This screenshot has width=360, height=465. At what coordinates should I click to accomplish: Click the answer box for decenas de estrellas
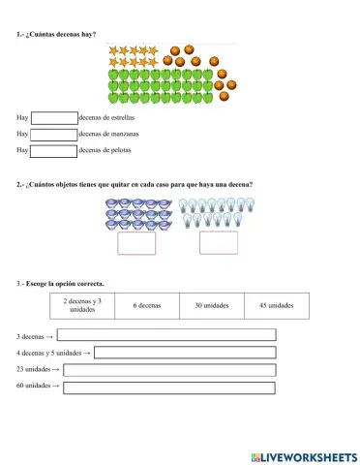coord(53,118)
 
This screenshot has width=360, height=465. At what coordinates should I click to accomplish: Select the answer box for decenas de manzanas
coord(53,135)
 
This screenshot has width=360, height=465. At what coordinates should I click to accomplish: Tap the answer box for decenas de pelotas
coord(53,150)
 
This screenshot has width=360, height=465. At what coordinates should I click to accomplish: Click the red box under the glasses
coord(135,243)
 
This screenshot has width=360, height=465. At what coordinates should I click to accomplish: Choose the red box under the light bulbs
coord(218,243)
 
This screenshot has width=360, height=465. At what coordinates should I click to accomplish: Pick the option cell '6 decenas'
coord(147,305)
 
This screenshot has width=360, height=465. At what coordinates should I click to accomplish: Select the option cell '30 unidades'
coord(211,305)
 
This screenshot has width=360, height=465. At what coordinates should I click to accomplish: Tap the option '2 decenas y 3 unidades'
coord(82,305)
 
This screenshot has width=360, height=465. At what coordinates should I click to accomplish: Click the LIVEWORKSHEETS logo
coord(303,455)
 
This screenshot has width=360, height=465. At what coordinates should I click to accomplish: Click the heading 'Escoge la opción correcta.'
coord(66,284)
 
